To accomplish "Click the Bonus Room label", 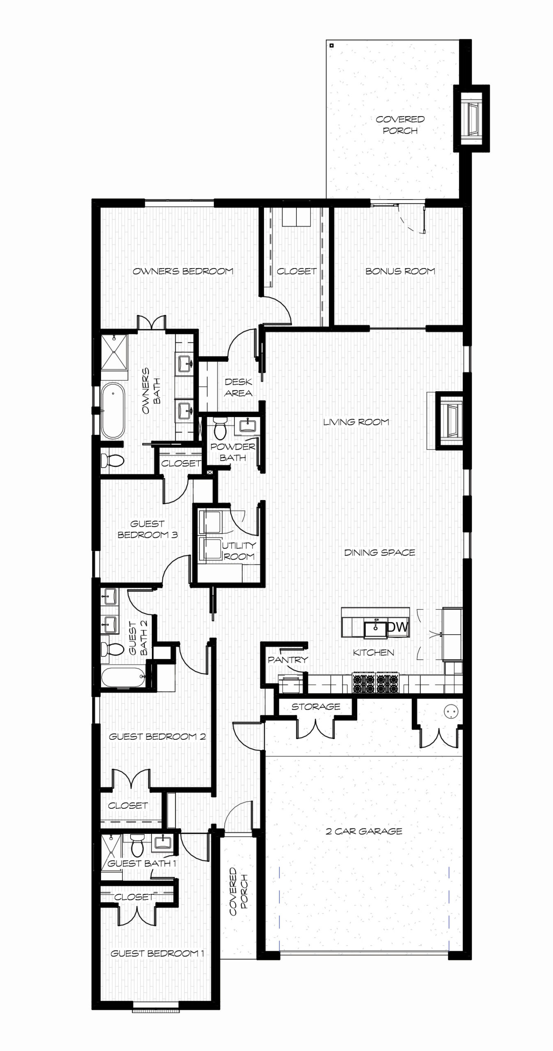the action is [400, 271].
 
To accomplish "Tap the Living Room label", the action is [356, 422].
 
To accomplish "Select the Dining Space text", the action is [380, 552].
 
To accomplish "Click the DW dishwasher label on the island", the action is [398, 626].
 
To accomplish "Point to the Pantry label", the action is [288, 660].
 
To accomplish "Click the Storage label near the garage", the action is [316, 707].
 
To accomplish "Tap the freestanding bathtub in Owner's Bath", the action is [112, 411].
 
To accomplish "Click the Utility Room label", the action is [239, 551].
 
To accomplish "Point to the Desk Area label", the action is [239, 388].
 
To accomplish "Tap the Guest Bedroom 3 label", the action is [148, 529].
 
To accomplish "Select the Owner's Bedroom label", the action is [183, 271].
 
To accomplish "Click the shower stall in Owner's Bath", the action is [115, 352].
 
